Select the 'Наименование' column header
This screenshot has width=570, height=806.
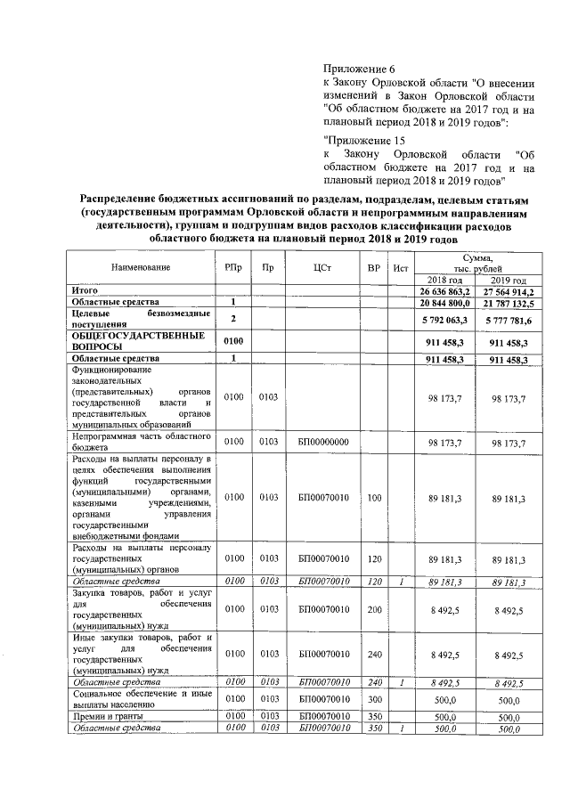click(141, 268)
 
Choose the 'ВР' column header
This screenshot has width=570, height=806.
click(374, 268)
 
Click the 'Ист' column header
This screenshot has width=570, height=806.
click(401, 268)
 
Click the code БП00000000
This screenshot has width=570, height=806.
click(323, 442)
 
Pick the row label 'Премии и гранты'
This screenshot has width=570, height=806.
click(109, 715)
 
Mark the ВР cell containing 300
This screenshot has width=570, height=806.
click(374, 700)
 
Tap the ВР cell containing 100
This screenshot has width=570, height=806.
click(374, 497)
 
